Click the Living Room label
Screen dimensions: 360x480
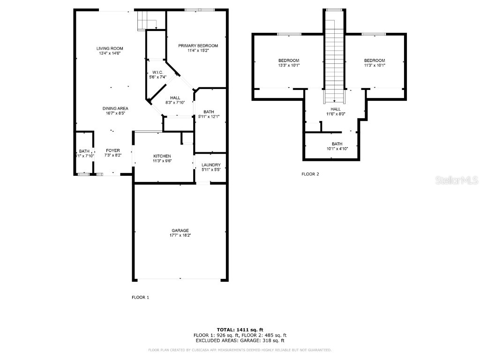coord(110,48)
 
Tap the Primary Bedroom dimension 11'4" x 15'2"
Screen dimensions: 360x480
coord(198,51)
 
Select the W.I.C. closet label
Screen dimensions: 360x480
coord(156,72)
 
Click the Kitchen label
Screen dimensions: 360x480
coord(162,156)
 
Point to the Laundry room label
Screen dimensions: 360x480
coord(210,165)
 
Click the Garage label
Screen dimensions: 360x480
coord(180,230)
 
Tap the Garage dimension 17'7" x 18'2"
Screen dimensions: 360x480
coord(180,235)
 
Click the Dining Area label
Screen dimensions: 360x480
coord(115,108)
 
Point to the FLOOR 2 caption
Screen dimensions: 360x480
coord(310,174)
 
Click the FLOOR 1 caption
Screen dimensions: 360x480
coord(140,297)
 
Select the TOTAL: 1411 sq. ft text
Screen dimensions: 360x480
coord(240,330)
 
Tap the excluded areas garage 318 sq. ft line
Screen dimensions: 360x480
coord(240,341)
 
